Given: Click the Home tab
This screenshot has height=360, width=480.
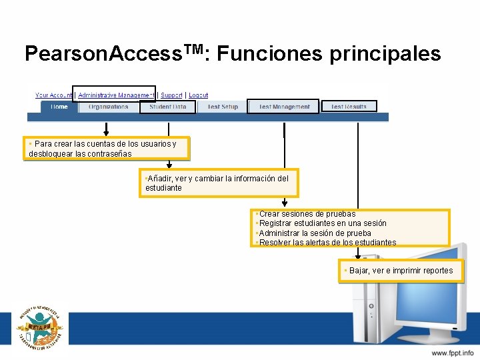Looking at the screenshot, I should point(59,107).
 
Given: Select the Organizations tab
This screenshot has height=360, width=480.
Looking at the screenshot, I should point(108,107).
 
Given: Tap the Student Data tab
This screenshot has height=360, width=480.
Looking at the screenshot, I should point(167,107).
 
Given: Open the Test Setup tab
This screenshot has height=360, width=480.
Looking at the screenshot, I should point(222,107).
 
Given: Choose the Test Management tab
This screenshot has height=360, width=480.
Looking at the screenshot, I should point(284,107).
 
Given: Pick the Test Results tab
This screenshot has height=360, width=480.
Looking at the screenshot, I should point(349,107).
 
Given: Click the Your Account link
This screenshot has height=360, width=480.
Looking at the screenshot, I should point(53,95).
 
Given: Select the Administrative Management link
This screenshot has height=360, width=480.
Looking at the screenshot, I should point(116,95).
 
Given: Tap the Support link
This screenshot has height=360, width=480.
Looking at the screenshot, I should point(171,95).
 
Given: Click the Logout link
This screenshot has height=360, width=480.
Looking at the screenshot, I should point(198,95).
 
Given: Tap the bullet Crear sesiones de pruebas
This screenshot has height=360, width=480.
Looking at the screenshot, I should point(307,214).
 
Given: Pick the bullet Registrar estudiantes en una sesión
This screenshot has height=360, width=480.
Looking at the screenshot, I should point(322,223).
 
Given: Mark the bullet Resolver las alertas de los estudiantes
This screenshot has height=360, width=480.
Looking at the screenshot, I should point(327,243).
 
